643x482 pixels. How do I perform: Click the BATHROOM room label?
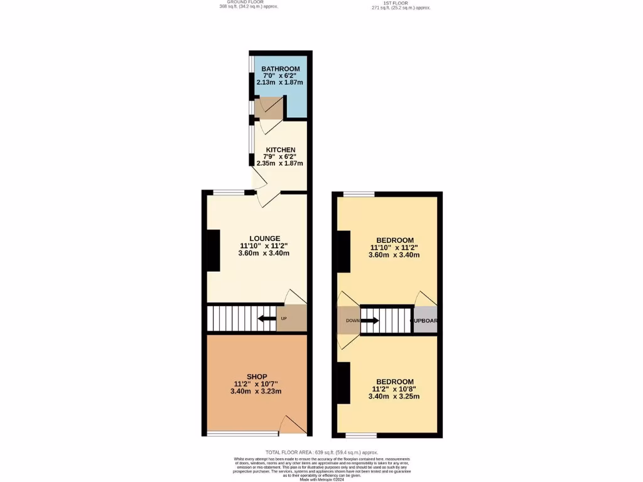click(x=281, y=68)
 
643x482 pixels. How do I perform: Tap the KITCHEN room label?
click(x=280, y=150)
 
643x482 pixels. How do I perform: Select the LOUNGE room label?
click(x=264, y=238)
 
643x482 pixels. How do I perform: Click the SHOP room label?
click(x=256, y=377)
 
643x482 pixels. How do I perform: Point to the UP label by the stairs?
click(x=284, y=319)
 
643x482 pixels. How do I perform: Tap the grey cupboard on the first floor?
click(x=425, y=320)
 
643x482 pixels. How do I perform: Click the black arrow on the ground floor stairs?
click(x=267, y=319)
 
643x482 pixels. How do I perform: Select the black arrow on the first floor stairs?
click(x=370, y=321)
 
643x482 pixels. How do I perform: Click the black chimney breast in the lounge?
click(x=213, y=250)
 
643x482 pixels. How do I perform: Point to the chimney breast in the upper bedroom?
click(x=343, y=252)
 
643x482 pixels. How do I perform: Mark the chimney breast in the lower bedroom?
click(x=343, y=383)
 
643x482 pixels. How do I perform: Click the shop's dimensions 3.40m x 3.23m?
click(x=256, y=391)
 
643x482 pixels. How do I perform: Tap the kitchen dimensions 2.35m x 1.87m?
click(x=280, y=164)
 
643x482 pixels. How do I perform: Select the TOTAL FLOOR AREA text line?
click(x=321, y=452)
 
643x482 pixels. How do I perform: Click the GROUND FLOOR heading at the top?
click(x=245, y=3)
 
